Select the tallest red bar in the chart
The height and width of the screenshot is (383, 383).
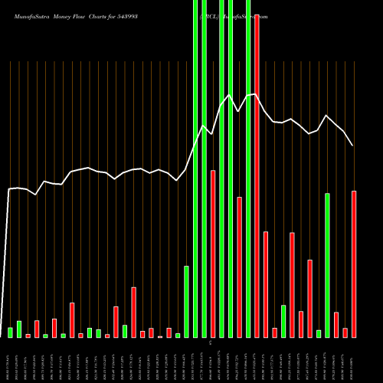[257, 176]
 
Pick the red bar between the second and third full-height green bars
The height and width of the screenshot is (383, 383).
[213, 254]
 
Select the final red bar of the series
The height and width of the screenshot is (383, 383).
[354, 264]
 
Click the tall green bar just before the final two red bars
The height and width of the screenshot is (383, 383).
[327, 265]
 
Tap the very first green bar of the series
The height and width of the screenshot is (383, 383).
[11, 332]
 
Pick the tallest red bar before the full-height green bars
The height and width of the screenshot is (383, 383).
[133, 312]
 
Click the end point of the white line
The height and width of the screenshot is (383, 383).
[353, 145]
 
